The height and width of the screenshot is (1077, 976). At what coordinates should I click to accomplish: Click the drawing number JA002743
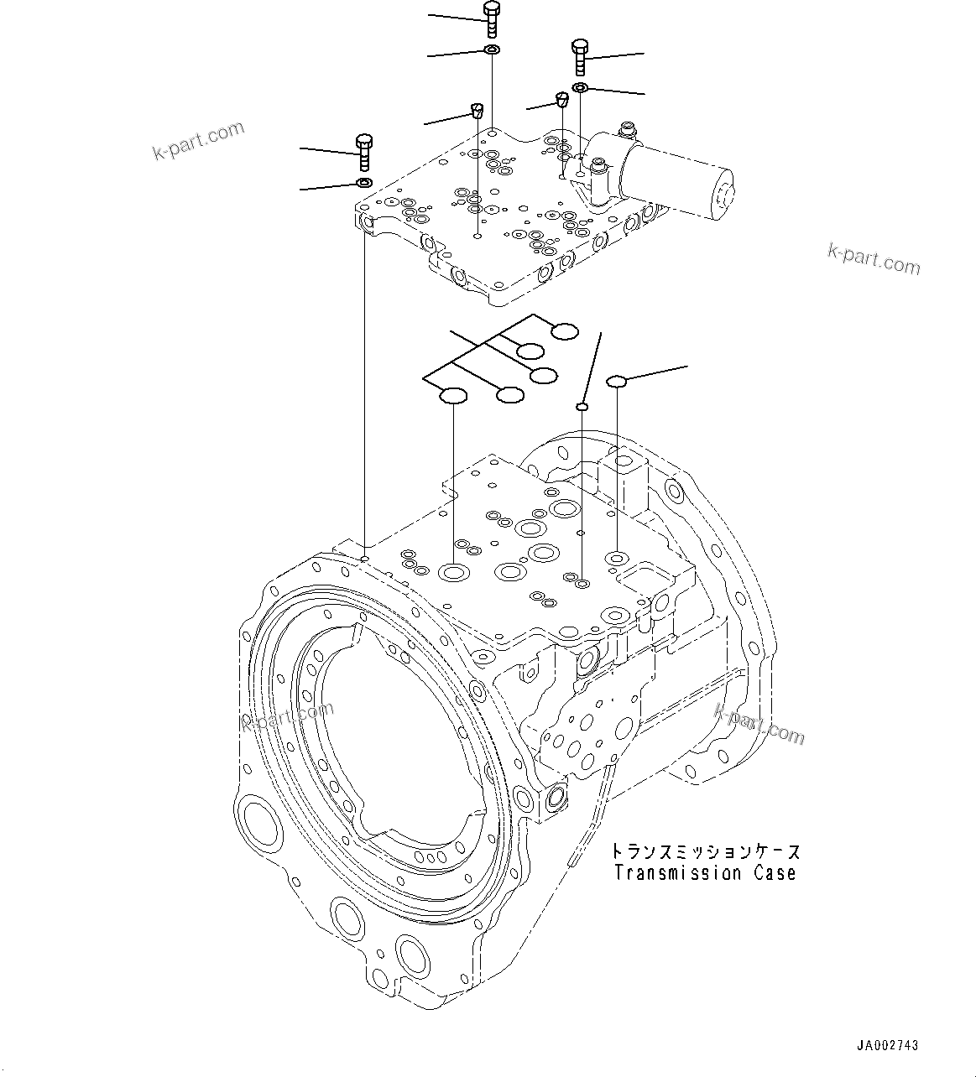[887, 1045]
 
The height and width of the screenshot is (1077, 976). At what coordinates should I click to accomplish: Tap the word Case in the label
[772, 873]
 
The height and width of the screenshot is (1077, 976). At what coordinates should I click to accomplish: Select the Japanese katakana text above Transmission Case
[706, 851]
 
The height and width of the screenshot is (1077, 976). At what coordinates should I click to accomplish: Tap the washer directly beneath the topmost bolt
[492, 52]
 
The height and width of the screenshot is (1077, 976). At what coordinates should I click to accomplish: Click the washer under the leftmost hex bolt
[364, 183]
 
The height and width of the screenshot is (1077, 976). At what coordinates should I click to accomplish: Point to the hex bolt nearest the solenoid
[580, 56]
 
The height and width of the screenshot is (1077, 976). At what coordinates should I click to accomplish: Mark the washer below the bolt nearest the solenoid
[580, 88]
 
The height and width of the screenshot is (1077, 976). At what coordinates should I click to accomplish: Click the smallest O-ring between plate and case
[581, 407]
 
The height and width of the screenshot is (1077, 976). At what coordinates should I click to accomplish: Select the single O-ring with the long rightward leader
[617, 382]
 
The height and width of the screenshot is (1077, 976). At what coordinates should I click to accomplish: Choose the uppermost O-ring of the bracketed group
[565, 331]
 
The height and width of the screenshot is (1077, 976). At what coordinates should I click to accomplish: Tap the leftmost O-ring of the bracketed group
[454, 395]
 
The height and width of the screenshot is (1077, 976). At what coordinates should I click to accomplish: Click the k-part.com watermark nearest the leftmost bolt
[198, 139]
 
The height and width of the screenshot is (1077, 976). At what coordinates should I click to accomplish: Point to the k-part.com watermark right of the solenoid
[874, 259]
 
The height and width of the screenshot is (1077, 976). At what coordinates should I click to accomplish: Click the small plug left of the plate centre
[477, 110]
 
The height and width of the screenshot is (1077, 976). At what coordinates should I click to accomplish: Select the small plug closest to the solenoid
[562, 101]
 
